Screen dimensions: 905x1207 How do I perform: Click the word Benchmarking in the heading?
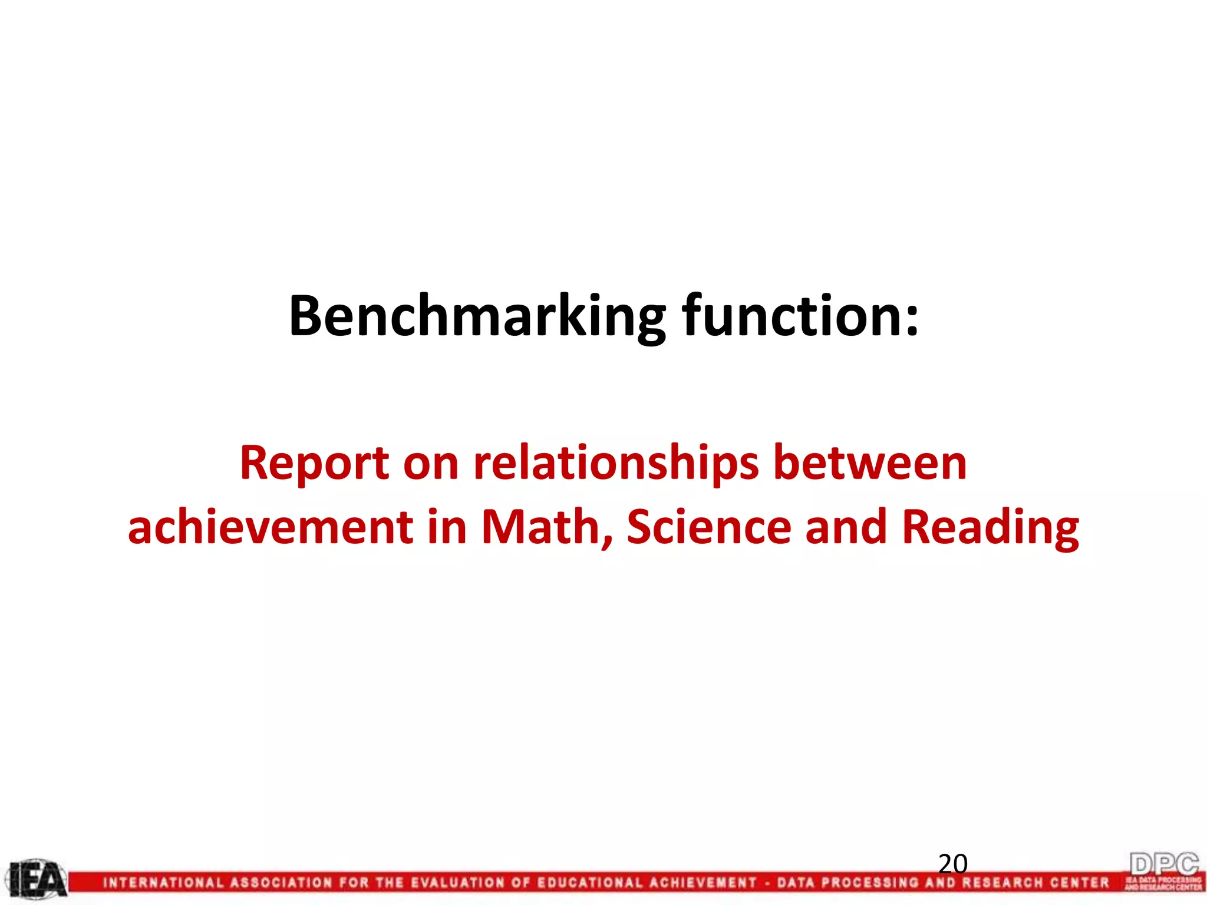477,317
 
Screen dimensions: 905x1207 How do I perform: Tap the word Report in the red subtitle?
314,464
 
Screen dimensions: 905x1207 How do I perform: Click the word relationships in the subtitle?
616,464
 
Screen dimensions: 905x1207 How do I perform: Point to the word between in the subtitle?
870,464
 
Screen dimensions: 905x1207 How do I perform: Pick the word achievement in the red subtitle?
271,527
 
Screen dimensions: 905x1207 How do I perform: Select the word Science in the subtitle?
709,527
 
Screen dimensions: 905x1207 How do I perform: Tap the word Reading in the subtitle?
990,527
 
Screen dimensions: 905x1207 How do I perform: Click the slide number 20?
953,864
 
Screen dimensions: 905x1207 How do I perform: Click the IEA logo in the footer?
37,880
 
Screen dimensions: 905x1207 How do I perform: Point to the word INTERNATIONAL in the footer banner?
163,883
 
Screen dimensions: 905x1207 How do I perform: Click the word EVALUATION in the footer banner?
457,883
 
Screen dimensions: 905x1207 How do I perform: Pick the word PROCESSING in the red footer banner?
870,883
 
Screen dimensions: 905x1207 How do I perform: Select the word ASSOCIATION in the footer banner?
281,883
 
